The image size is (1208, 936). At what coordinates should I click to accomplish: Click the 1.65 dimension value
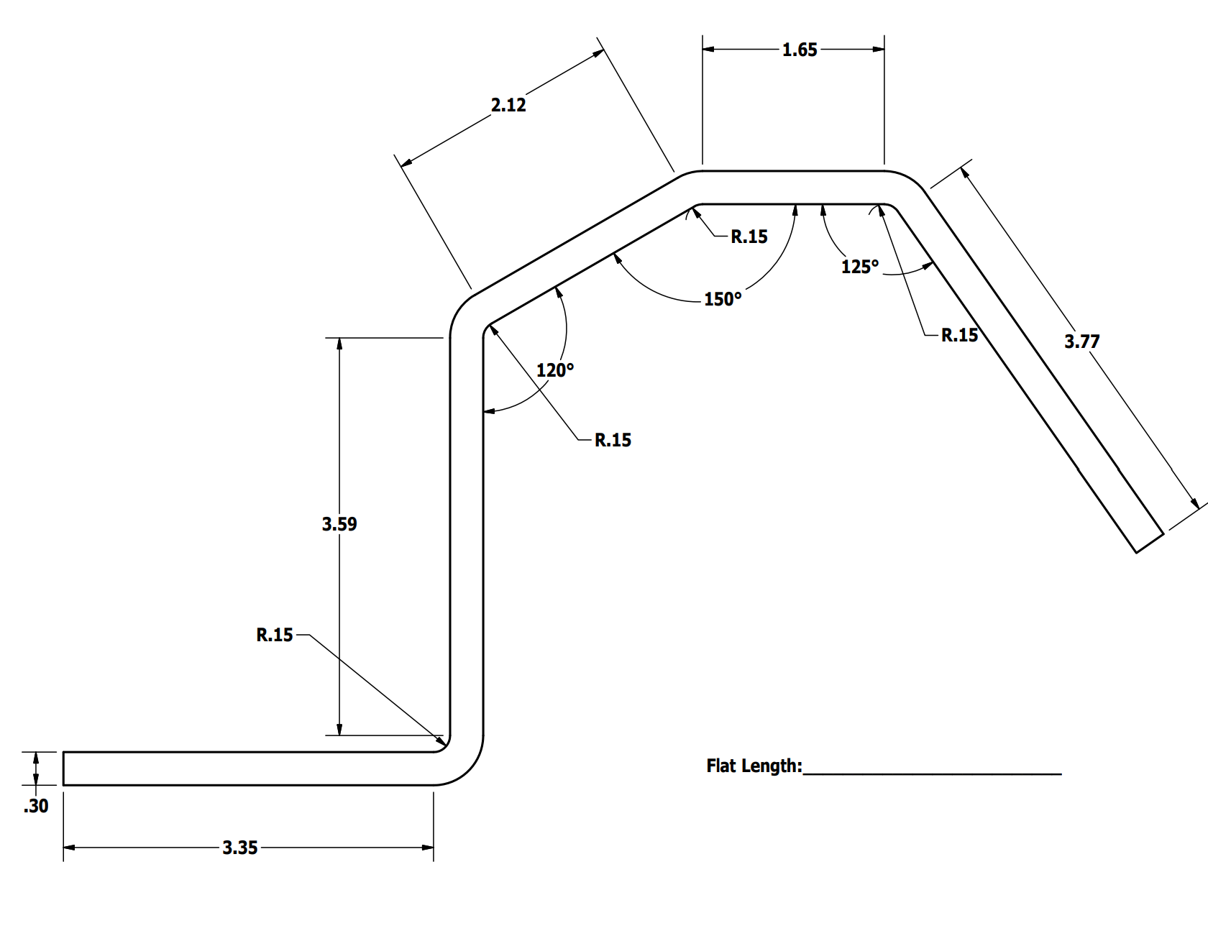(800, 50)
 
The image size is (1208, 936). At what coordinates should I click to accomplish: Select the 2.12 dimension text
(508, 105)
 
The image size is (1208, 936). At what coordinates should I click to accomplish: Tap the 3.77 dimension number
(1081, 341)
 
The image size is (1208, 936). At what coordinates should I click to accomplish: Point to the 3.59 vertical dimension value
(339, 524)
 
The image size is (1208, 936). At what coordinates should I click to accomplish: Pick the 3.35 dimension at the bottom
(239, 848)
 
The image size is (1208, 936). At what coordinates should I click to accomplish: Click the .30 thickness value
(36, 806)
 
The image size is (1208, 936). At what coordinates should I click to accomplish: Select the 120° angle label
(555, 370)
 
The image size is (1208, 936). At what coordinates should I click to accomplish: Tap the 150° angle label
(722, 299)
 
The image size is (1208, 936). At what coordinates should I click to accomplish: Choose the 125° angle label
(860, 267)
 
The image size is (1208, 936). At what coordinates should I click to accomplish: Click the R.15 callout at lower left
(275, 635)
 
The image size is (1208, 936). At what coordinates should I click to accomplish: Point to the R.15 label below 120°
(613, 440)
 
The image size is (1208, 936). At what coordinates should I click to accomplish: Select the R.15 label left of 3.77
(959, 335)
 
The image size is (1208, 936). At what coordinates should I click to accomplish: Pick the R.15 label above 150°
(749, 237)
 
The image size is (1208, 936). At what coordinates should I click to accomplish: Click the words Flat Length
(754, 766)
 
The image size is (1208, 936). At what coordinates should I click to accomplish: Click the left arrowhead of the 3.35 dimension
(69, 848)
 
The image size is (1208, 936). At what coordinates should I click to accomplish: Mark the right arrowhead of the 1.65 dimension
(879, 49)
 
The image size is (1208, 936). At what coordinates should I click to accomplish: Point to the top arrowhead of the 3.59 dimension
(339, 343)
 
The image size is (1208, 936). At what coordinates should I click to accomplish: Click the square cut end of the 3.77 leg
(1149, 543)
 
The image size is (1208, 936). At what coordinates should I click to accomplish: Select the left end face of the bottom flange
(64, 768)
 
